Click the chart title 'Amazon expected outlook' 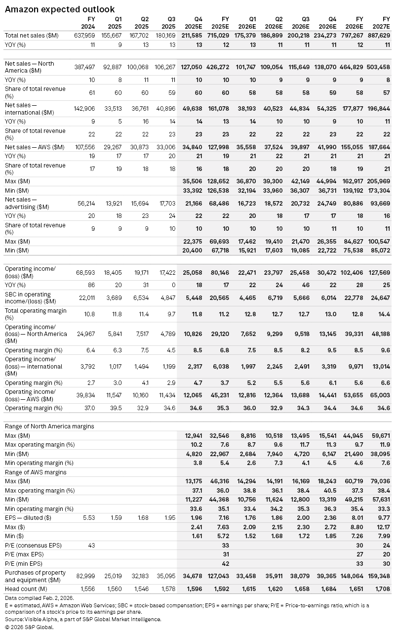pos(60,9)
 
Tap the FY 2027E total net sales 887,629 pos(379,36)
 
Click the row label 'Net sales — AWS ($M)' pos(35,147)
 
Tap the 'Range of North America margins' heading pos(49,426)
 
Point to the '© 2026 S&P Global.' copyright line pos(29,627)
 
